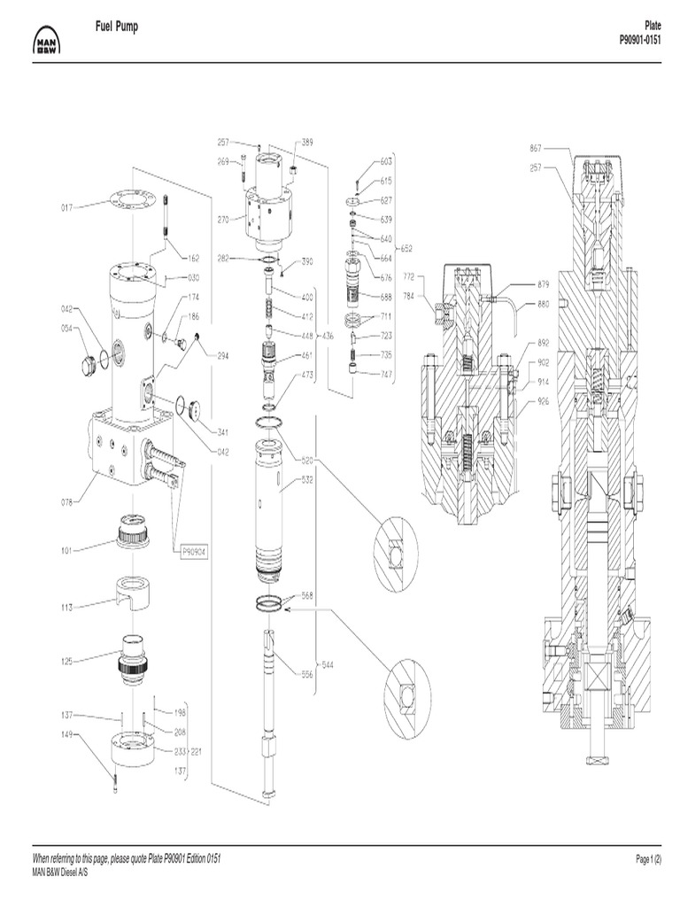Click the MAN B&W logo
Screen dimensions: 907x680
(x=45, y=41)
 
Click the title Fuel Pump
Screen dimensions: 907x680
(x=116, y=28)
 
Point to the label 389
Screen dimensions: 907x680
(x=306, y=142)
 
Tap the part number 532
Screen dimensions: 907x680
(x=307, y=481)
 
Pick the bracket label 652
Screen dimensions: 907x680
(x=406, y=249)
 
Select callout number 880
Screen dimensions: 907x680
(x=544, y=306)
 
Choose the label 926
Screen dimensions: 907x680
(x=544, y=401)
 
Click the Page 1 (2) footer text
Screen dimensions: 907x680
(x=649, y=860)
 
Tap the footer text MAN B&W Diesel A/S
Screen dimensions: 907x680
(x=60, y=872)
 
